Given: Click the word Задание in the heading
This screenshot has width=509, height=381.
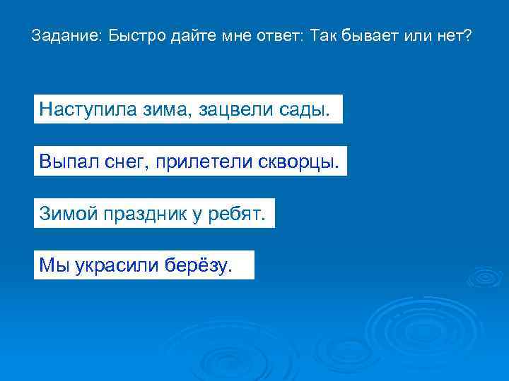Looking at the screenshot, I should point(65,35).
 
